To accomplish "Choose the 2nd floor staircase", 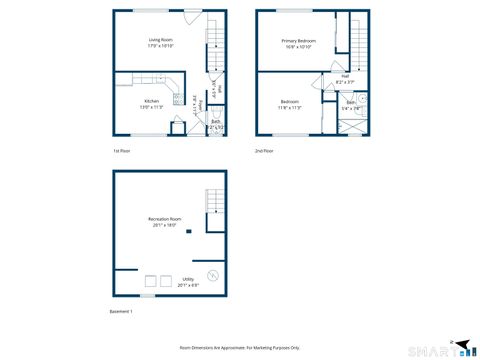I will pos(358,45).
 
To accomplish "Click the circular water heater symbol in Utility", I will pos(212,276).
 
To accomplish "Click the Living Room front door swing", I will pos(190,16).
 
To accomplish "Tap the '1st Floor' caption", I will pos(122,150).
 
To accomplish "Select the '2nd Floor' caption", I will pos(264,150).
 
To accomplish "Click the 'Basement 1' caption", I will pos(121,312).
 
